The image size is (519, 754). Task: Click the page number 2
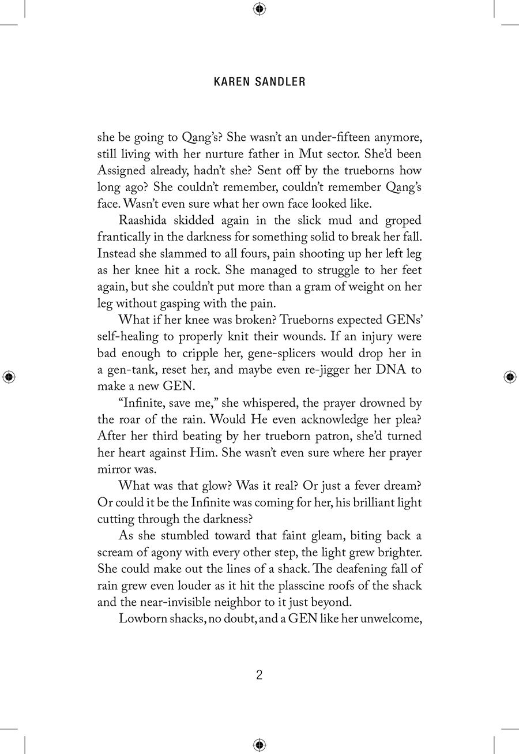tap(259, 675)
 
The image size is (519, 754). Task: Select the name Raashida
tap(143, 221)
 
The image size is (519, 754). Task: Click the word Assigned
tap(123, 171)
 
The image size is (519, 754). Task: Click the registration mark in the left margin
tap(9, 377)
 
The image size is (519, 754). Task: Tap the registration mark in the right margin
tap(510, 377)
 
